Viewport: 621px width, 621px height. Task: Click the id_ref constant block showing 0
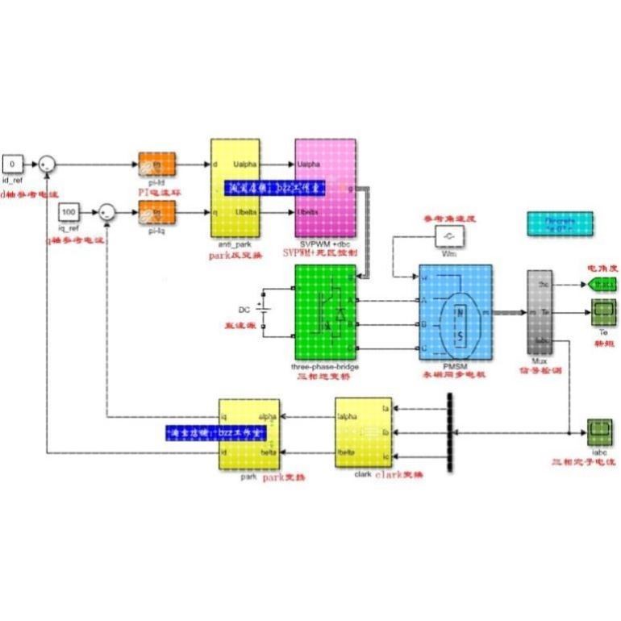13,163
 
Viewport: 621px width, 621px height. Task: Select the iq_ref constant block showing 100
69,212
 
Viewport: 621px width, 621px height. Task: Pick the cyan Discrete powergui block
560,224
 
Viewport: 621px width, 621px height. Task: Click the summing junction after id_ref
48,164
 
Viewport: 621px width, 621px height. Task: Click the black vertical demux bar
448,433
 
